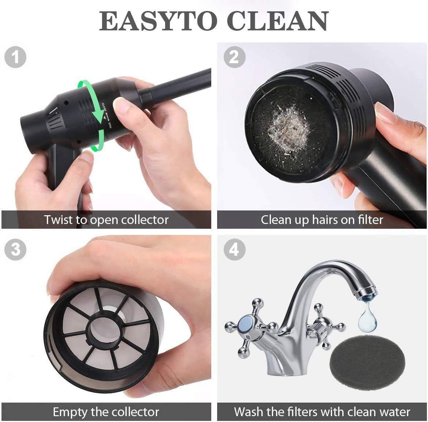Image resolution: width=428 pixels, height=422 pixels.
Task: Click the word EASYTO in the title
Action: click(x=158, y=21)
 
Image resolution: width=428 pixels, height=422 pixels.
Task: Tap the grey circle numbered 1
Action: click(x=15, y=57)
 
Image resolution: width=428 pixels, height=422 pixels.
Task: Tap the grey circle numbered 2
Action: click(x=234, y=57)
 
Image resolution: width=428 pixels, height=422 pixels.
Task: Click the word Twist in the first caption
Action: click(x=59, y=220)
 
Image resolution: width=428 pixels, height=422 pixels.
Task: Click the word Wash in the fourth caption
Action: click(x=249, y=412)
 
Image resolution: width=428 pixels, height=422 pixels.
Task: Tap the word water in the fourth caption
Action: click(x=395, y=412)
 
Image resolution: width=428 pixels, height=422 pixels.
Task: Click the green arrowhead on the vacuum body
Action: click(x=97, y=121)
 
